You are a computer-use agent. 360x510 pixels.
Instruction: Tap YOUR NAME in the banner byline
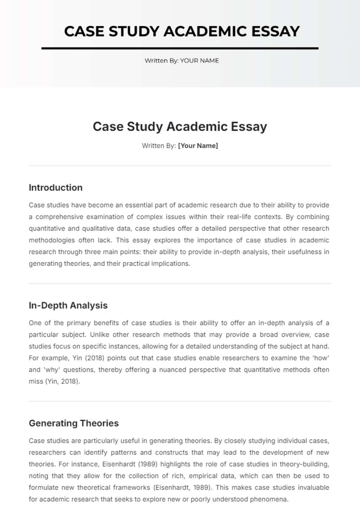[x=199, y=61]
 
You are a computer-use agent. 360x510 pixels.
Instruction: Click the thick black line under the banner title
[x=180, y=48]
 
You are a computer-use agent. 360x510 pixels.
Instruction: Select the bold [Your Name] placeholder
[x=198, y=146]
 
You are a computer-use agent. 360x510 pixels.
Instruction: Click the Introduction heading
[x=55, y=188]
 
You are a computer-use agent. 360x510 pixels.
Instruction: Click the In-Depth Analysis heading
[x=68, y=306]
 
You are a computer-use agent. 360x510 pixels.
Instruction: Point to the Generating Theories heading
[x=74, y=423]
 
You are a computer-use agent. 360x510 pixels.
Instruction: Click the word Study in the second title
[x=145, y=127]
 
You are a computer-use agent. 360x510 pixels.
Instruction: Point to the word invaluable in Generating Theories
[x=313, y=488]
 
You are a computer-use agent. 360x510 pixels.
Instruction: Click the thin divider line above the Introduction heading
[x=180, y=166]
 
